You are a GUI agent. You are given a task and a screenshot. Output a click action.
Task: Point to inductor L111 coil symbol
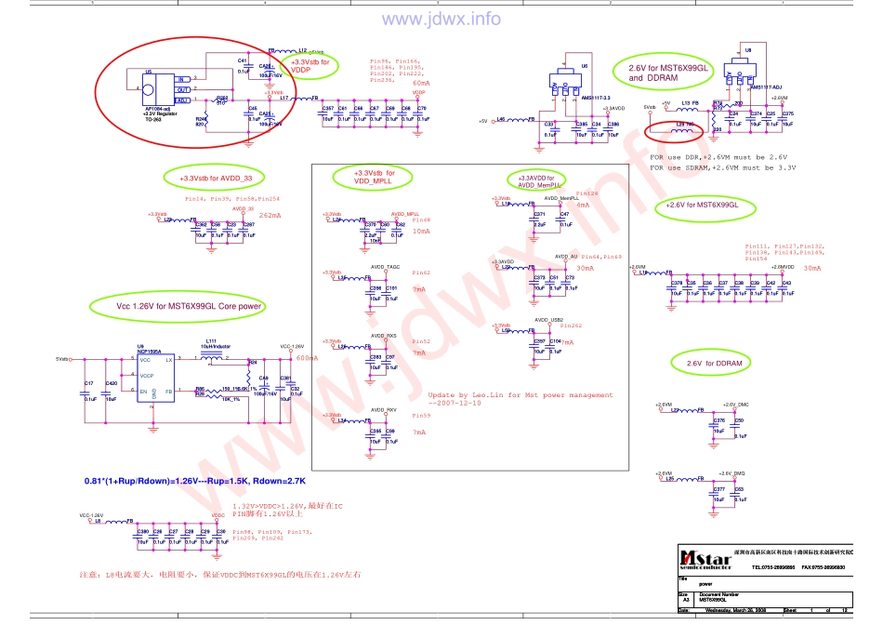pyautogui.click(x=212, y=356)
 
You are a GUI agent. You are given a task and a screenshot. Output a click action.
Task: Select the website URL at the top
pyautogui.click(x=438, y=19)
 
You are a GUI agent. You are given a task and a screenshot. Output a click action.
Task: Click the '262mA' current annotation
pyautogui.click(x=270, y=215)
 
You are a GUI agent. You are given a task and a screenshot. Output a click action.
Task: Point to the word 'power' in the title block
pyautogui.click(x=705, y=584)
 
